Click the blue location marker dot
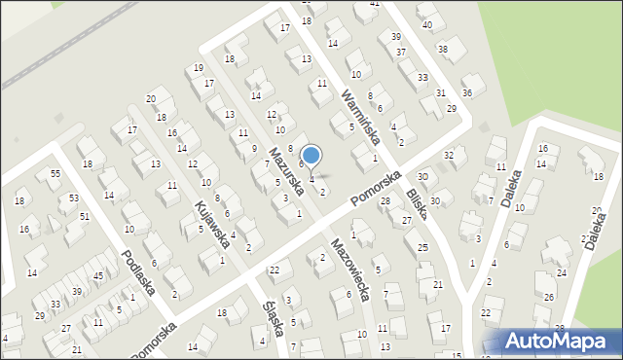311,154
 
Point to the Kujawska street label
213,223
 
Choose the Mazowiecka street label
348,269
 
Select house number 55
55,173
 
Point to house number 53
74,198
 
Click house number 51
85,217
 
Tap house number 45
97,276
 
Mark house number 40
427,23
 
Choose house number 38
443,49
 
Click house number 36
467,93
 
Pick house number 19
199,68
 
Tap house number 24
562,274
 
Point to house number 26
549,298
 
